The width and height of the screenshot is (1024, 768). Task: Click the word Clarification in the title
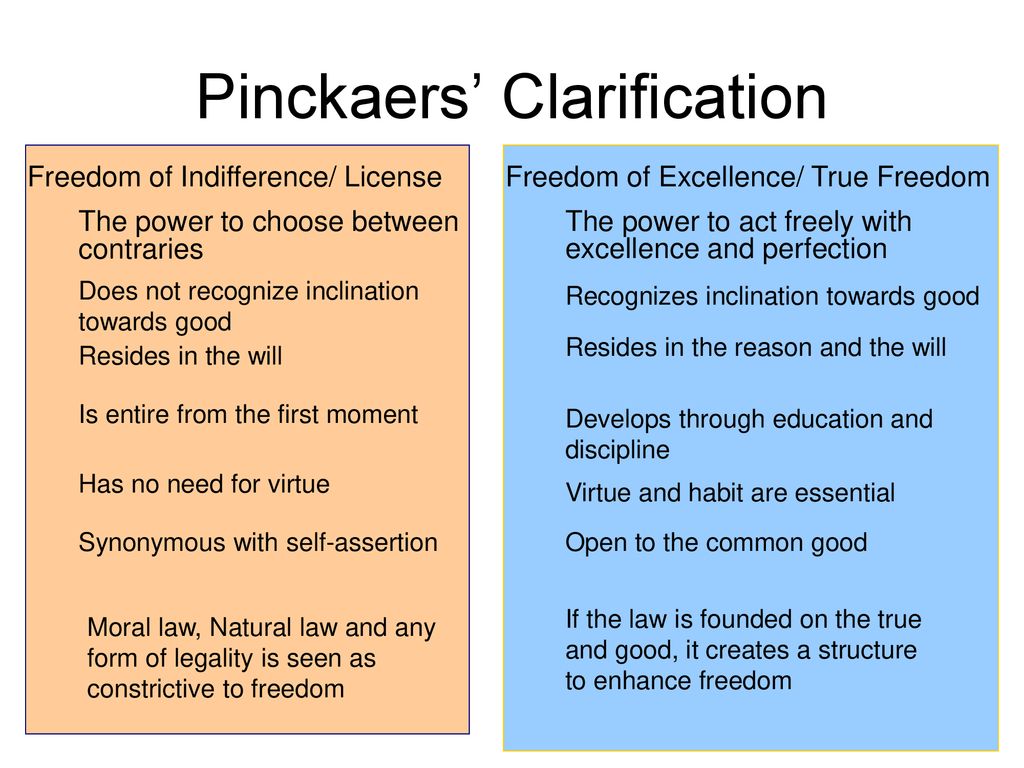tap(664, 98)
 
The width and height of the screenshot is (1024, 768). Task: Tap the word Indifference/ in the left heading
tap(257, 178)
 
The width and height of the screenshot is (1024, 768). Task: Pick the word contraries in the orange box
tap(140, 250)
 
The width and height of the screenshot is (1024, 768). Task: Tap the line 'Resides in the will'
tap(180, 356)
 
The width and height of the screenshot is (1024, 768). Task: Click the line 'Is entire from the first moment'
tap(248, 414)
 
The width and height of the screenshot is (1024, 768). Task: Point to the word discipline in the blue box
tap(617, 450)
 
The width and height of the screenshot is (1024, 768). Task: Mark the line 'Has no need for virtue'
tap(204, 485)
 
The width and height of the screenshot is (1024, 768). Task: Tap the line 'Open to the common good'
tap(716, 543)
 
